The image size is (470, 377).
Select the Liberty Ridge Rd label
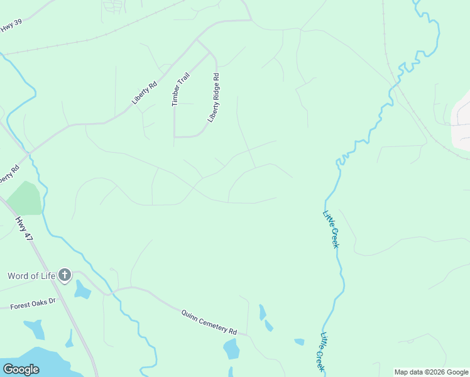[214, 98]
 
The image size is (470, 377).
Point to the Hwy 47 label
[24, 228]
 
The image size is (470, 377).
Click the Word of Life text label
[31, 275]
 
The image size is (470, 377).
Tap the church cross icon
[65, 275]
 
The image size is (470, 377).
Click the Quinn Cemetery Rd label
[209, 322]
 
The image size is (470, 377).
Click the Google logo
[21, 369]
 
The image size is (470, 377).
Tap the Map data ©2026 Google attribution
[430, 372]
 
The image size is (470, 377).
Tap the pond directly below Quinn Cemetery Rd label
[231, 348]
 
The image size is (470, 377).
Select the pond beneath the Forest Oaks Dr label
[34, 329]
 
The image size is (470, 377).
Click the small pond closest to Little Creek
[299, 342]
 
